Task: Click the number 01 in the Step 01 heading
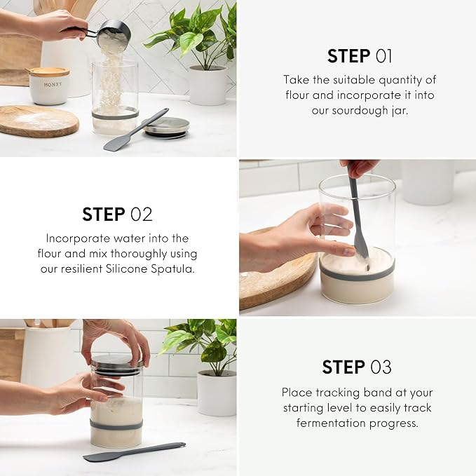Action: tap(383, 56)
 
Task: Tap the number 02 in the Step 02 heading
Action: tap(141, 215)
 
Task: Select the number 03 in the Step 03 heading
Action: tap(381, 367)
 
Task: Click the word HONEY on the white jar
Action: tap(53, 85)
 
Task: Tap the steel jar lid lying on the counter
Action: tap(167, 128)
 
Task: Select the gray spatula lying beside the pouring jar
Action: tap(136, 130)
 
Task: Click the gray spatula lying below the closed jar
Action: tap(135, 452)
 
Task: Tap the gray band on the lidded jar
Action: tap(116, 425)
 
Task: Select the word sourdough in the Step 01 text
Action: tap(360, 110)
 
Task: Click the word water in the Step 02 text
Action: tap(131, 238)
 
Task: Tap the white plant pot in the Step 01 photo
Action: tap(208, 86)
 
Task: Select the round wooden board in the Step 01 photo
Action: tap(38, 121)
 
